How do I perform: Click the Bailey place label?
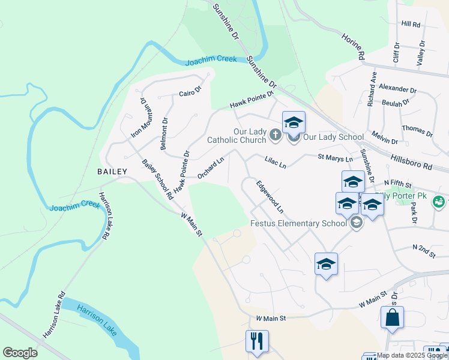[112, 172]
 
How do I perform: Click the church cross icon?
[276, 134]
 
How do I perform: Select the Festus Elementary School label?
[298, 224]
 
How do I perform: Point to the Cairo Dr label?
[190, 92]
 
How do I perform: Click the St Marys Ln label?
[334, 158]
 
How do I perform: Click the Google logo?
[20, 353]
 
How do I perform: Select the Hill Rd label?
[411, 23]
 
